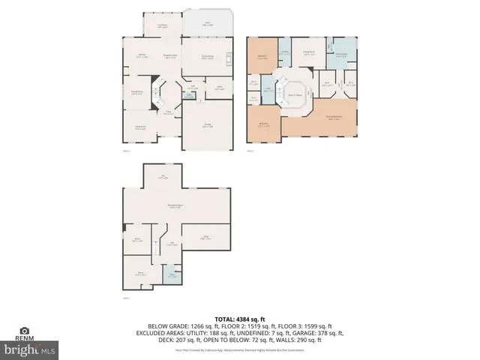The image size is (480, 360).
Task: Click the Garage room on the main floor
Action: tap(207, 127)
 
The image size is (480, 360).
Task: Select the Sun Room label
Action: tap(161, 25)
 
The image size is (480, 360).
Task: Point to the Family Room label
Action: tap(208, 57)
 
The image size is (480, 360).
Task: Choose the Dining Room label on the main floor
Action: tap(137, 93)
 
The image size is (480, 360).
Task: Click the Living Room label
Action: tap(140, 128)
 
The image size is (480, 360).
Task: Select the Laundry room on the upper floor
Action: tap(285, 52)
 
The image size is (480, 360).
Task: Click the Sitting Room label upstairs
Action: tap(308, 53)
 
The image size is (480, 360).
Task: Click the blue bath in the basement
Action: tap(172, 275)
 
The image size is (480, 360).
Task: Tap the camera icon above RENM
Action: tap(25, 330)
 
